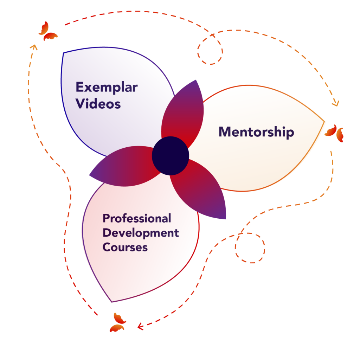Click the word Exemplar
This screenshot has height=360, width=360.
coord(107,87)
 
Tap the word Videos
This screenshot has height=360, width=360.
coord(98,104)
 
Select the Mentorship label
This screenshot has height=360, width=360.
coord(256,132)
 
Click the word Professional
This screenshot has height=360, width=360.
coord(137,218)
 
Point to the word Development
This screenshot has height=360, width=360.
coord(141,233)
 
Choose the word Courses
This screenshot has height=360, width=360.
coord(125,247)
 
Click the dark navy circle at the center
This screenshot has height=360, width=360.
coord(171,156)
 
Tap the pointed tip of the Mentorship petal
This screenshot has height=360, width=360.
coord(324,122)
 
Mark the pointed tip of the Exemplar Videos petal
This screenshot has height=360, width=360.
coord(64,53)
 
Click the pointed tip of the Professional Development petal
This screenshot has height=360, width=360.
coord(112,301)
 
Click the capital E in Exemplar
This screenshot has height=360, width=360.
coord(79,87)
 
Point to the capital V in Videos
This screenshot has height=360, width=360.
coord(81,104)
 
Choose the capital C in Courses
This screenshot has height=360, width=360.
coord(107,247)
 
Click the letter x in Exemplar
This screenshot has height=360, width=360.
coord(89,88)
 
